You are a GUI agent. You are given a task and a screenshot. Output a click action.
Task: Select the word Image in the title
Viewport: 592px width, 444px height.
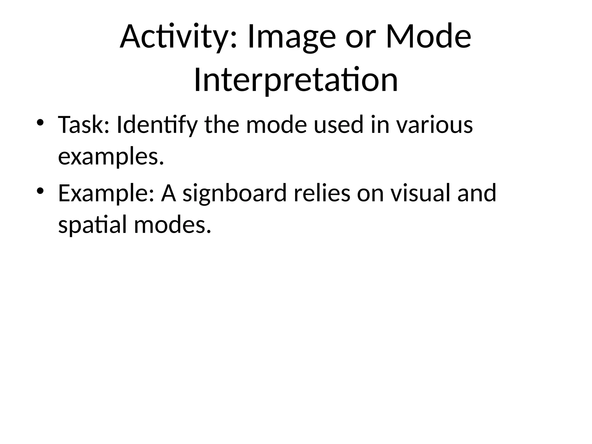[292, 37]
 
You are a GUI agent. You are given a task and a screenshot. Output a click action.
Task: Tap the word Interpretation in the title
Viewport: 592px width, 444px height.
[296, 80]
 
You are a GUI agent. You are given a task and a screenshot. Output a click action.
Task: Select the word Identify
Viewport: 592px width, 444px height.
[157, 125]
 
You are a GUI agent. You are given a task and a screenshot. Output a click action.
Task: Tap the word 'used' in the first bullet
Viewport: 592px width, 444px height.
[338, 125]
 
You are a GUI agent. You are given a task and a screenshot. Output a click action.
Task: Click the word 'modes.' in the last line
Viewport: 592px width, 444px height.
[173, 225]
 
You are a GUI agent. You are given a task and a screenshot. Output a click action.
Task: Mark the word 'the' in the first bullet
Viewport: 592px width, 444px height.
[222, 125]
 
